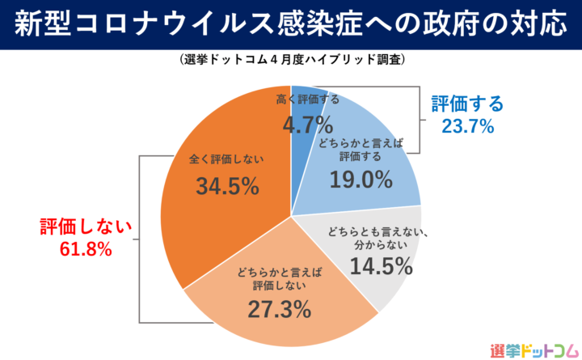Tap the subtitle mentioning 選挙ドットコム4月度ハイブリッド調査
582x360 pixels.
pyautogui.click(x=290, y=60)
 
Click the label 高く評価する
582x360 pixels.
pyautogui.click(x=308, y=100)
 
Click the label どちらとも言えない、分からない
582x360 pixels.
pyautogui.click(x=373, y=239)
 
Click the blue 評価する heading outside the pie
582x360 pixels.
pyautogui.click(x=467, y=104)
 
